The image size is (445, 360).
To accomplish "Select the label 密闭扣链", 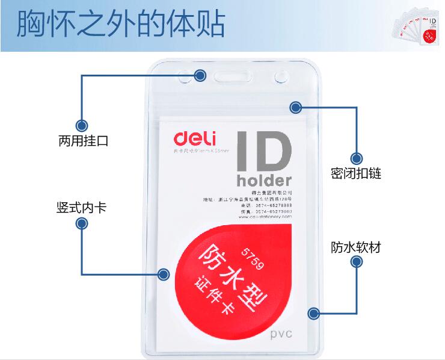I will (356, 174).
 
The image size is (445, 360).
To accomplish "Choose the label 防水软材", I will (356, 247).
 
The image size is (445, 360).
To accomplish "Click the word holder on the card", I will (264, 180).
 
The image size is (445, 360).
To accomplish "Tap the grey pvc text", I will (281, 334).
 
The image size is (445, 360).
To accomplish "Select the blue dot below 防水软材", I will (356, 262).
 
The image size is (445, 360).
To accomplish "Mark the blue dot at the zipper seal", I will (295, 108).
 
